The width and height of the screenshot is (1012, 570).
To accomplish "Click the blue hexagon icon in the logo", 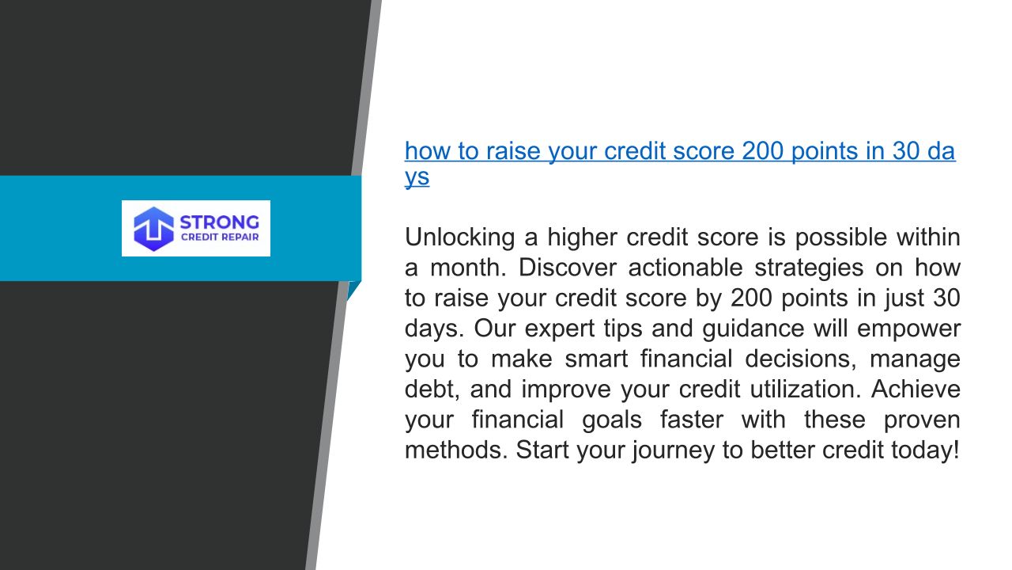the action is click(x=153, y=229).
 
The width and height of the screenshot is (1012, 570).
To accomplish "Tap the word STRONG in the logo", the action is click(x=220, y=222).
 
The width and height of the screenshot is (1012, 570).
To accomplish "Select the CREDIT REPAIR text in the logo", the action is click(x=220, y=237).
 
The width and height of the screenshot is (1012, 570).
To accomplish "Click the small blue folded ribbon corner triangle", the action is click(x=353, y=291).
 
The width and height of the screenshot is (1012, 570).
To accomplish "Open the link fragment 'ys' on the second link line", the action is click(x=417, y=177).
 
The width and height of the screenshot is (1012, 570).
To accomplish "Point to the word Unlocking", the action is click(x=459, y=237).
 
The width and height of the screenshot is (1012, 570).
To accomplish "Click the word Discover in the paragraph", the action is click(x=567, y=268).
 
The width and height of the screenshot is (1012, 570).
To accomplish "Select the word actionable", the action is click(x=685, y=268).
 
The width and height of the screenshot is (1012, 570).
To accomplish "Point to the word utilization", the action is click(x=806, y=389).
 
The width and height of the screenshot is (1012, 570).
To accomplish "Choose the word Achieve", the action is click(x=916, y=389).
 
